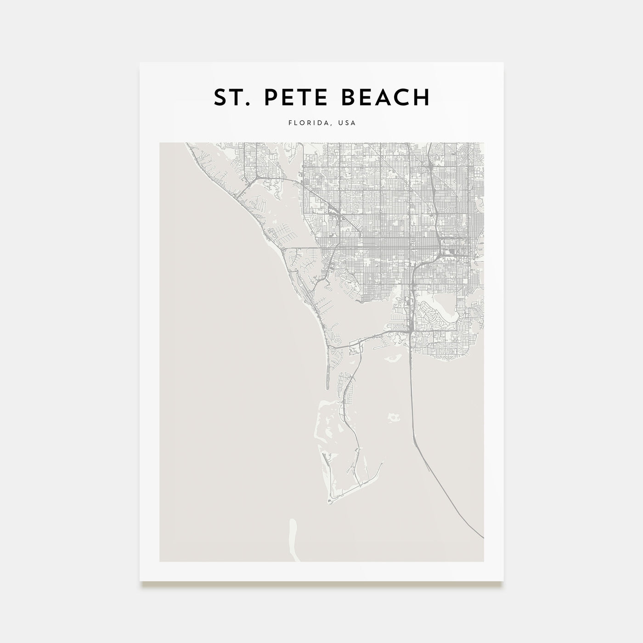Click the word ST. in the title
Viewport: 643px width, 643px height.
pos(230,97)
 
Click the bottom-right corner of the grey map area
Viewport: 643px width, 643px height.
pos(484,561)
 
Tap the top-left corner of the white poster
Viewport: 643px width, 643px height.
pos(140,62)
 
